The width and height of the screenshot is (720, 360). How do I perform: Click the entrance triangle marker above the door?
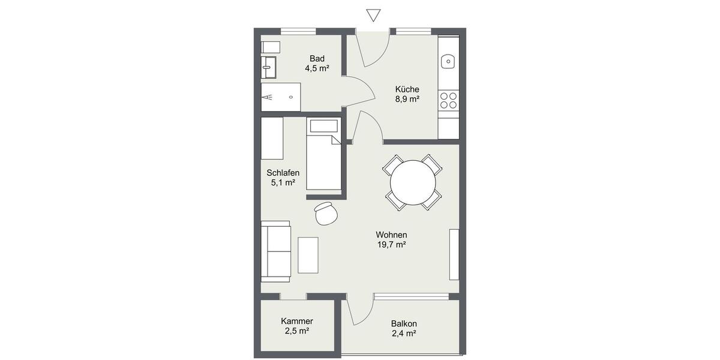[x=374, y=16]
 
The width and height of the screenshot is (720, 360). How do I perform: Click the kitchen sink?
[x=448, y=61]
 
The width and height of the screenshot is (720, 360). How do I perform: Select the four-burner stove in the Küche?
[x=448, y=100]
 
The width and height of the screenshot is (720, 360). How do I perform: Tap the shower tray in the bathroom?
[x=280, y=97]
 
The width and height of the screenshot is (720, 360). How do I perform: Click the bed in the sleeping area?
[x=324, y=155]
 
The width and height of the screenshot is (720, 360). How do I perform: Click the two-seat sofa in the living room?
[x=276, y=251]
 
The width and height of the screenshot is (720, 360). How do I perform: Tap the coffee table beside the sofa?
[x=308, y=254]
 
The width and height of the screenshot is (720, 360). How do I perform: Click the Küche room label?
[x=407, y=89]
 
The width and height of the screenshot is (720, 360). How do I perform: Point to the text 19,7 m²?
[x=392, y=245]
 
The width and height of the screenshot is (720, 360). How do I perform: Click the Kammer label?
[x=297, y=321]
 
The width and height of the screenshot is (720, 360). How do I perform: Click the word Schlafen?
[x=283, y=173]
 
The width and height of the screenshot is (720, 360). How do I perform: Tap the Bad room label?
[x=317, y=58]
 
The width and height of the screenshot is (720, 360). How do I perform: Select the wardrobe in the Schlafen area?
[x=272, y=139]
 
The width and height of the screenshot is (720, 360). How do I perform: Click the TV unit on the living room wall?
[x=454, y=254]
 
